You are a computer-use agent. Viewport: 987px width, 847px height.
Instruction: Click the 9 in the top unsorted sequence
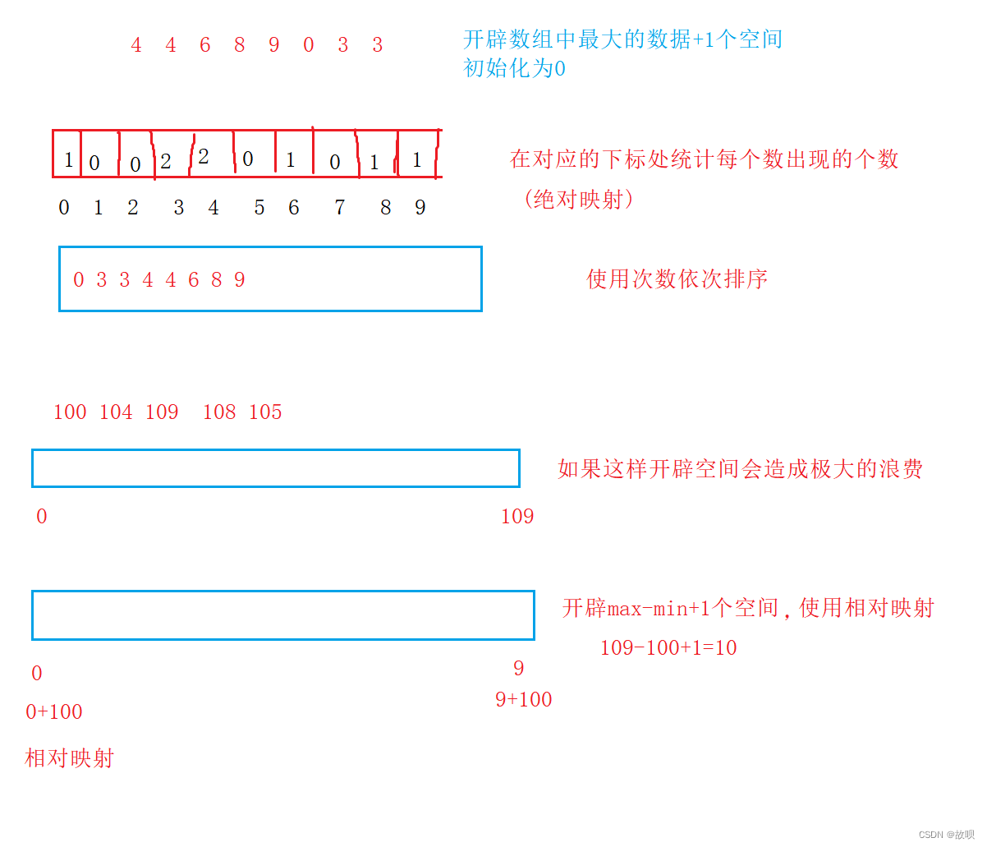tap(274, 45)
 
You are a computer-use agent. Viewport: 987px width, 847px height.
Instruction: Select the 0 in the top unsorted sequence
tap(309, 45)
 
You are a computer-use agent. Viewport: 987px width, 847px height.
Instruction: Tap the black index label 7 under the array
tap(339, 208)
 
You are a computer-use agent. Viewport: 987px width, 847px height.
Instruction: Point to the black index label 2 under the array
tap(133, 208)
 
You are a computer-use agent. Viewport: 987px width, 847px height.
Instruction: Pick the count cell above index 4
tap(204, 157)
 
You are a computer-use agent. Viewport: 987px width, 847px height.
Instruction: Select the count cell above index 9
tap(417, 159)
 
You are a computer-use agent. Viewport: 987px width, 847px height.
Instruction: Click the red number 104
tap(116, 412)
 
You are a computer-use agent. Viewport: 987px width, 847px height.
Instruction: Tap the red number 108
tap(219, 412)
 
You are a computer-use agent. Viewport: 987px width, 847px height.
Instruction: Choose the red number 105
tap(265, 412)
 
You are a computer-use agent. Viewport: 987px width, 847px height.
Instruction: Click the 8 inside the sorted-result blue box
tap(217, 280)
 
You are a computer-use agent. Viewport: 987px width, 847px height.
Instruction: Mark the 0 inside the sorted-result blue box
tap(79, 280)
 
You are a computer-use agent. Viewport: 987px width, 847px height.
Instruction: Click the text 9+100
tap(523, 700)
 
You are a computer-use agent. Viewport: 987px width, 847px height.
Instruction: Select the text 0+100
tap(54, 712)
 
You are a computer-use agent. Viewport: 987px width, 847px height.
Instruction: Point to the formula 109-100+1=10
tap(668, 648)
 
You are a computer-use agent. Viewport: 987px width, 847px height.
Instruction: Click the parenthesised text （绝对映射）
tap(578, 199)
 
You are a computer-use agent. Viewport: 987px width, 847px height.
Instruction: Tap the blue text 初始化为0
tap(514, 68)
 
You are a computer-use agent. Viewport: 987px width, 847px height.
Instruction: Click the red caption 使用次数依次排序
tap(677, 279)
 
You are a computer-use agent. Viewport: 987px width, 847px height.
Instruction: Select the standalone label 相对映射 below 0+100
tap(69, 758)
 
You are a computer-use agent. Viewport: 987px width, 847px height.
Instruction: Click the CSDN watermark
tap(946, 835)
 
